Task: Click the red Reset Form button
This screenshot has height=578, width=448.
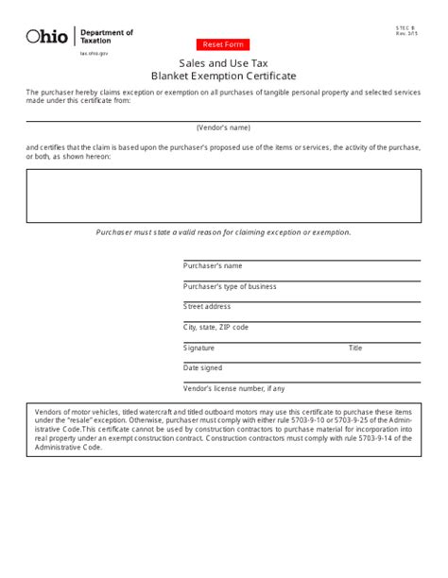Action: (224, 45)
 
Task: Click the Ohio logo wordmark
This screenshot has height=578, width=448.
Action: (47, 37)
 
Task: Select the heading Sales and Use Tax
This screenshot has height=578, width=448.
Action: (224, 62)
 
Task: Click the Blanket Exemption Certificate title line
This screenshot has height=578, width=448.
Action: (224, 76)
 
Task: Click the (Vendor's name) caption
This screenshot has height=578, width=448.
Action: (224, 126)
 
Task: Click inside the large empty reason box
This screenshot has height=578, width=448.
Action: (224, 195)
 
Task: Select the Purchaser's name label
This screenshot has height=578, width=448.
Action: (213, 265)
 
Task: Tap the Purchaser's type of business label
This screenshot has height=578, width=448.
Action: (230, 286)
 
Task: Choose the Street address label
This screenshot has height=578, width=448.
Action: (207, 306)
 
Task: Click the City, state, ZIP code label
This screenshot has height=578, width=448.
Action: (216, 327)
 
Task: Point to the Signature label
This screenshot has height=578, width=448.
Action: (199, 348)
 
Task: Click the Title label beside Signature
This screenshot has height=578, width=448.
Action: (355, 348)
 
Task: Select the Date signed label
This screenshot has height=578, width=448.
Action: (203, 367)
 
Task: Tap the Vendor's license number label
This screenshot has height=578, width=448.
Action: (233, 388)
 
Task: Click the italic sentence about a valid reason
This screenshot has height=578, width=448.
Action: (224, 231)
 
